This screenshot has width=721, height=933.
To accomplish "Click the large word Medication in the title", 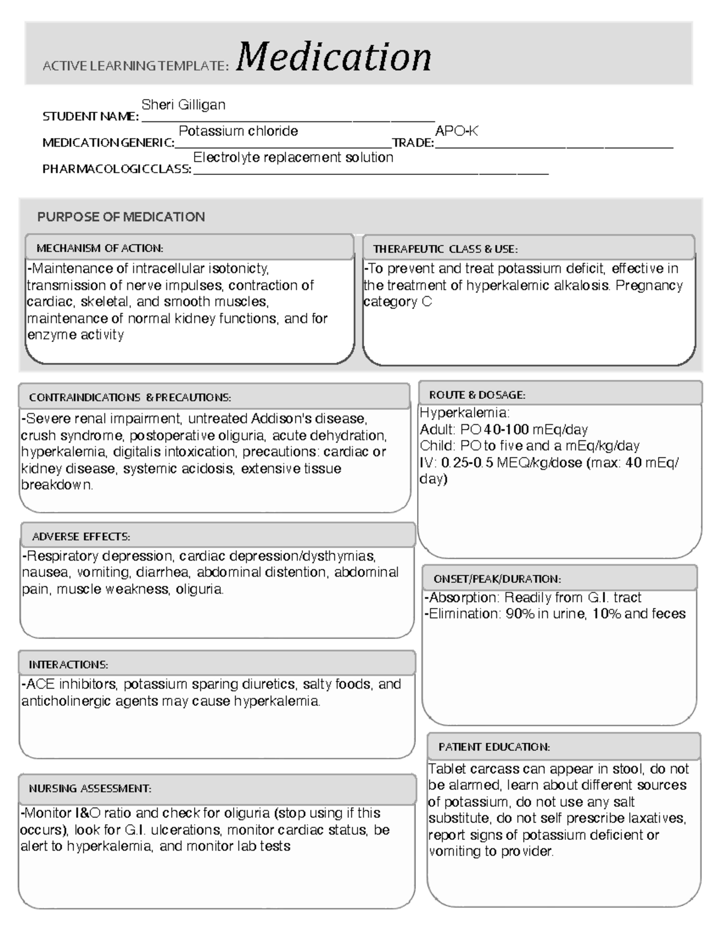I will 333,58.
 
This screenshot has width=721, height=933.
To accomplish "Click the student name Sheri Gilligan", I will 183,105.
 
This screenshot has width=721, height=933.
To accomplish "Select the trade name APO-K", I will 456,131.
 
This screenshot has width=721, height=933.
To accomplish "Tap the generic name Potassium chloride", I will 238,131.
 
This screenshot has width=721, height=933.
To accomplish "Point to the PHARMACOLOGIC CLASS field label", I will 117,169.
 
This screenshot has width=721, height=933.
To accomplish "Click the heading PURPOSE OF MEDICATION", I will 121,217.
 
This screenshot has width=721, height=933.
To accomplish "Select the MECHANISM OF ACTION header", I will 100,248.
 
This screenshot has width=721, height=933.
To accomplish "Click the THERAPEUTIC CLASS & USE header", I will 445,249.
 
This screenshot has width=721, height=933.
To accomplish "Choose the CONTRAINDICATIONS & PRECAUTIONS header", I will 130,398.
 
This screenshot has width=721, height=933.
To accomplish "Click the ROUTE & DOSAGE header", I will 476,395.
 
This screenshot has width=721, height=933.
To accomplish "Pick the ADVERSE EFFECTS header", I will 81,536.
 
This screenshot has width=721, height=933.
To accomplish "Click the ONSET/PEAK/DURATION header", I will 497,579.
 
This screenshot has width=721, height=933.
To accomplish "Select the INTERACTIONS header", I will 68,664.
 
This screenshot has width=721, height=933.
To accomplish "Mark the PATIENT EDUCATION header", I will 494,747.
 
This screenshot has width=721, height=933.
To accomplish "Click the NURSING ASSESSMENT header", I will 90,788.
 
